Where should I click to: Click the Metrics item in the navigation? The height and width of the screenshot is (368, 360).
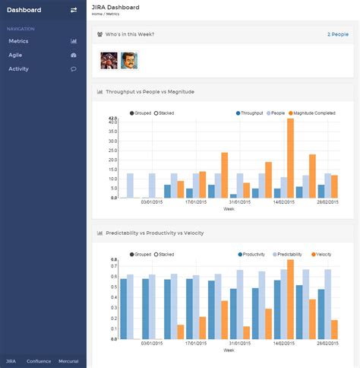click(18, 41)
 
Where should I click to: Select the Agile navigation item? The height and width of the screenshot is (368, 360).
click(15, 55)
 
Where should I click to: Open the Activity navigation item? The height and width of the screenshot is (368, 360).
click(19, 68)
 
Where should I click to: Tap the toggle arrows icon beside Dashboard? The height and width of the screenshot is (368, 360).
click(74, 10)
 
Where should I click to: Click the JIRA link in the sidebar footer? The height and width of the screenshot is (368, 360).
click(11, 360)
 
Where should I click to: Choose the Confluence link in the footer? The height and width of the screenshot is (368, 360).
click(39, 360)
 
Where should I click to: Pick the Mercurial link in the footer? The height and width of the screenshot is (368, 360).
click(68, 360)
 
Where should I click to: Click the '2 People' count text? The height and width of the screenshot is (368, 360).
click(338, 34)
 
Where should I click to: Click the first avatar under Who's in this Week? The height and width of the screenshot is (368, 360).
click(109, 59)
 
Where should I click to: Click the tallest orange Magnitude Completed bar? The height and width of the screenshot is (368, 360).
click(290, 157)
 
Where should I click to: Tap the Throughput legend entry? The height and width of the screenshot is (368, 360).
click(250, 113)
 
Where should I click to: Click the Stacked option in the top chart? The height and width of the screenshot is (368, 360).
click(165, 113)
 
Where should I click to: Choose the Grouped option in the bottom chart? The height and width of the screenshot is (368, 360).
click(141, 254)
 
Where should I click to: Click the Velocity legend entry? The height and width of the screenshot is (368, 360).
click(323, 254)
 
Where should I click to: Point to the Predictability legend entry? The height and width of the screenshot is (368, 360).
click(286, 254)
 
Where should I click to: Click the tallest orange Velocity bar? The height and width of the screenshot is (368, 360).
click(290, 299)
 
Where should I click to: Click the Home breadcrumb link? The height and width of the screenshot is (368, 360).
click(96, 14)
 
